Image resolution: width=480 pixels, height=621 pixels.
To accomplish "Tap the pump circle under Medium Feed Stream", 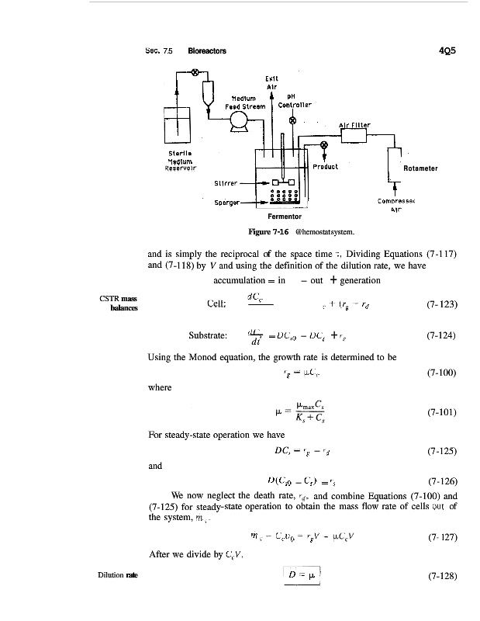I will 237,119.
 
